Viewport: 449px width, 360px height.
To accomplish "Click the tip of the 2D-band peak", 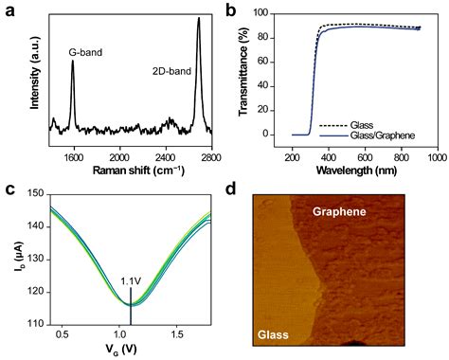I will [198, 18].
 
